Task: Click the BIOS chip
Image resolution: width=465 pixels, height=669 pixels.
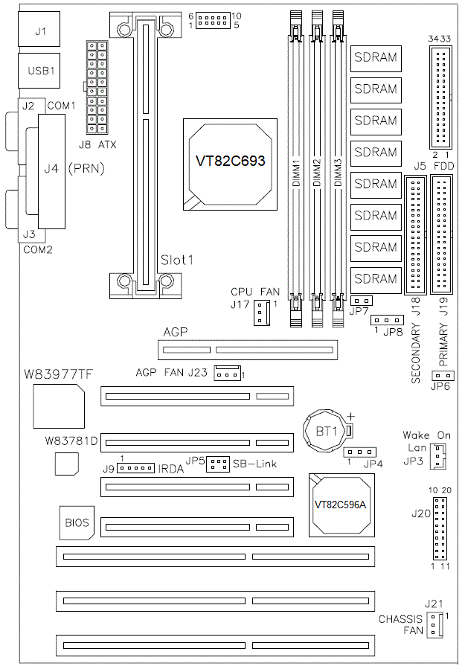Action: tap(76, 523)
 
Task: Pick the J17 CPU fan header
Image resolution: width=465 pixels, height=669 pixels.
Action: tap(260, 314)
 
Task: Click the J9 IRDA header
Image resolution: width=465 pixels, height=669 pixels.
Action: tap(137, 469)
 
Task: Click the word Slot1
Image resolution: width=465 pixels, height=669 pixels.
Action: tap(177, 260)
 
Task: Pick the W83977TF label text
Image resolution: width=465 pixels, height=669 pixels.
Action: tap(57, 373)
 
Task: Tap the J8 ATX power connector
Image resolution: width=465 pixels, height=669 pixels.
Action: tap(97, 88)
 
